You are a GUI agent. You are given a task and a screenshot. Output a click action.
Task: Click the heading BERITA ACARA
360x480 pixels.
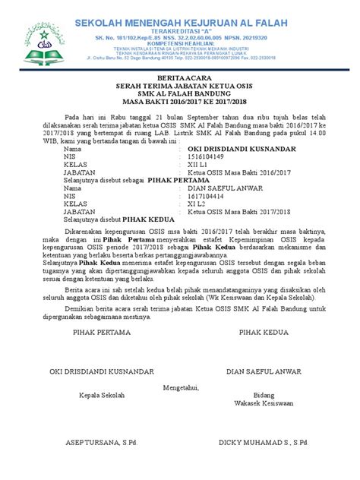[x=179, y=78]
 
